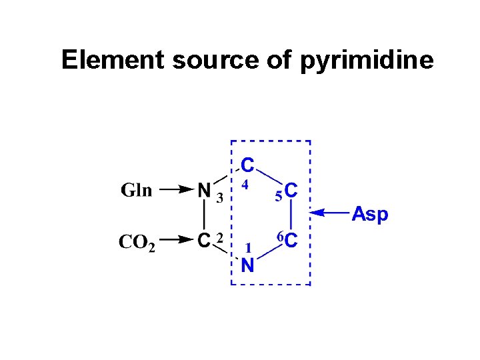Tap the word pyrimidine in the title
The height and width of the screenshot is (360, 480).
(367, 61)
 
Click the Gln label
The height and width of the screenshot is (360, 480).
(136, 190)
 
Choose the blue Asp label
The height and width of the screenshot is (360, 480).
(369, 214)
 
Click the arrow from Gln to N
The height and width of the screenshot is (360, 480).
(177, 190)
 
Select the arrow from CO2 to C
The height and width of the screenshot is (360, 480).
(177, 239)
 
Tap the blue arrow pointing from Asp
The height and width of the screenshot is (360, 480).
(331, 213)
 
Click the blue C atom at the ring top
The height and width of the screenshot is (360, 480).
(247, 163)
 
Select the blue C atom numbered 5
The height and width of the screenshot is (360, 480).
(291, 192)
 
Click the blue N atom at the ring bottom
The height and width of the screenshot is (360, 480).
(247, 266)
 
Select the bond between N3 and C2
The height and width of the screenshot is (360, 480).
(205, 215)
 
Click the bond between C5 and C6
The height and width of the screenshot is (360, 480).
(291, 216)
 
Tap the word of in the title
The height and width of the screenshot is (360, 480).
(280, 60)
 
